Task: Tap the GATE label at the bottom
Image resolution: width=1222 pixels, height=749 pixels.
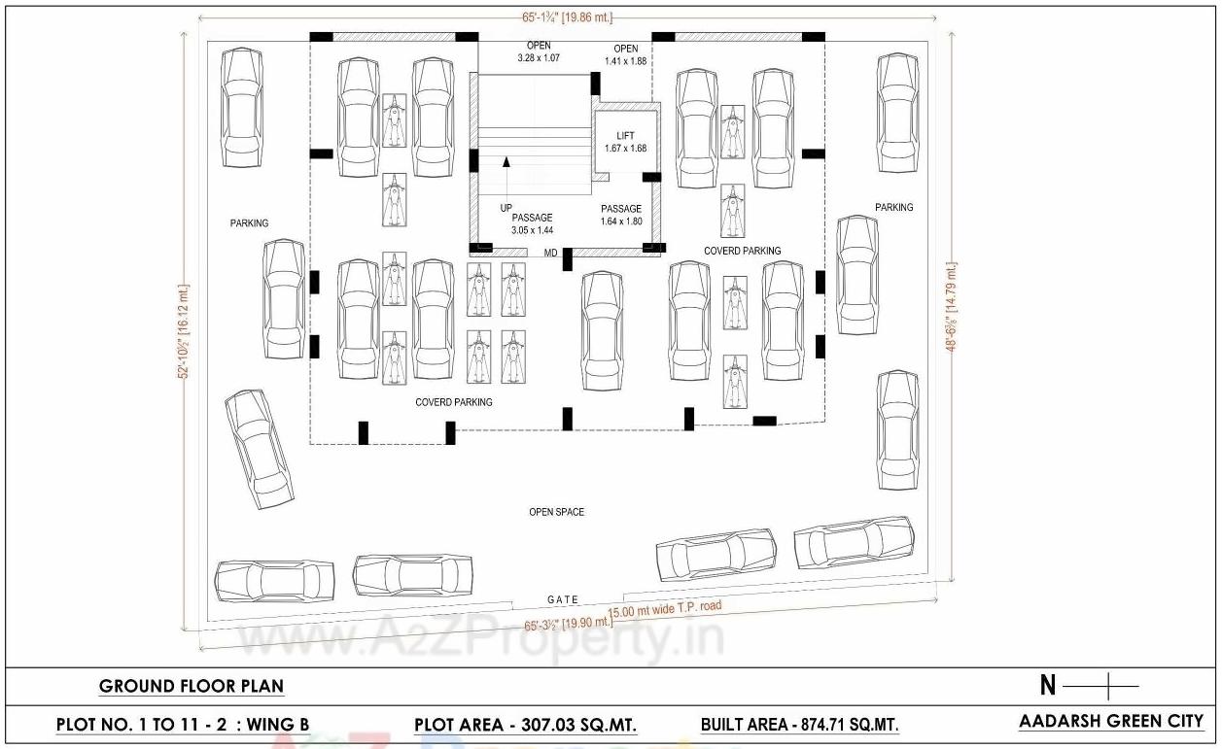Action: [563, 599]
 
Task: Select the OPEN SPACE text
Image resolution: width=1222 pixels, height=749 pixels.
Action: [556, 512]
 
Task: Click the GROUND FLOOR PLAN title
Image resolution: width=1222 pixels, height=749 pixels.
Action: [192, 686]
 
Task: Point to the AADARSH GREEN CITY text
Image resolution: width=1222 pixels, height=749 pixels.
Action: [1111, 722]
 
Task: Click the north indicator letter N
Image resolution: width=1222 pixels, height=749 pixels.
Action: [1048, 686]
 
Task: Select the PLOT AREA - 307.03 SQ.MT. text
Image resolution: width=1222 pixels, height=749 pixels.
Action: [525, 725]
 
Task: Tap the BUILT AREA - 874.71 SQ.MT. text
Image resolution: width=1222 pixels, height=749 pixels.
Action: [799, 725]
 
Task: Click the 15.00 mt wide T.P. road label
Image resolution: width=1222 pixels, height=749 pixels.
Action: [665, 608]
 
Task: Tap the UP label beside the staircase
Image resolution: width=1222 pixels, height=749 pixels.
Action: [506, 208]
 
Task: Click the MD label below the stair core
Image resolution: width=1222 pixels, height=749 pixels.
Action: [550, 254]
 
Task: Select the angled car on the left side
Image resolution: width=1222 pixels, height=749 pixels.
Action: [259, 449]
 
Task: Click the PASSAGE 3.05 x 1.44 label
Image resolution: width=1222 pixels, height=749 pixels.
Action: [532, 224]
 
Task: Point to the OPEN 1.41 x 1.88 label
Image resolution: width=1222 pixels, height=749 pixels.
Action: [626, 54]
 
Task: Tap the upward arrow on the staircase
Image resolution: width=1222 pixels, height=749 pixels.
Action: [506, 165]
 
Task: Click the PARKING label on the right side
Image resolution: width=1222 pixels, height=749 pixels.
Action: [893, 207]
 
